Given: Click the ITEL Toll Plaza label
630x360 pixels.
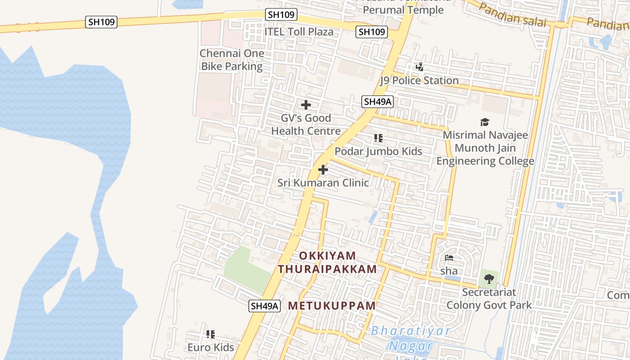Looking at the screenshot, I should tap(299, 31).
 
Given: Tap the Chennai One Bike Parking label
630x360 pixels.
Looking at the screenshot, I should tap(232, 60).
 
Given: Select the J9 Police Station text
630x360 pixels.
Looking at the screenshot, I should tap(419, 81).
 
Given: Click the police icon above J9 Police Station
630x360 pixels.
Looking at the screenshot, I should tap(419, 67).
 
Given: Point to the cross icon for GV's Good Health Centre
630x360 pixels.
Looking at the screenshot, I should tap(306, 105).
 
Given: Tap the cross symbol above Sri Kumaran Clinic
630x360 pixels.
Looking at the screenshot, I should tap(323, 170).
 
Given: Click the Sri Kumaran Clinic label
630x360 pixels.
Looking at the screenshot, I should tap(323, 183).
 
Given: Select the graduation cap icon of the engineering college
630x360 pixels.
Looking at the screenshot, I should tap(485, 122).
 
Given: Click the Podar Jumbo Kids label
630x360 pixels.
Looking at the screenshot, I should tap(378, 151).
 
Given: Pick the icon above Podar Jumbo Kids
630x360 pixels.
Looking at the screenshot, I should tap(378, 138).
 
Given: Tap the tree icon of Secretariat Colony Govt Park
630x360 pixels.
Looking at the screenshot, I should tap(489, 279).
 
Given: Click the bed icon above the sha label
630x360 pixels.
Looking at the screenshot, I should tap(449, 258).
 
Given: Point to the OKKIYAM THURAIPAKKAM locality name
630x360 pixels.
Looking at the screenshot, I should tap(327, 262).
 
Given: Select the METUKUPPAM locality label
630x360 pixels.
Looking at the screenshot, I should tap(332, 306).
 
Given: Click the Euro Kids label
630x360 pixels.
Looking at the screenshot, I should tap(211, 347).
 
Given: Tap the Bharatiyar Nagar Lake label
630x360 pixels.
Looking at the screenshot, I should tap(411, 340).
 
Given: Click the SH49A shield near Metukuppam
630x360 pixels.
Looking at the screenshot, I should tap(265, 306).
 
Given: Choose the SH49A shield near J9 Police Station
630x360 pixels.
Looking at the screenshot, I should tap(377, 102).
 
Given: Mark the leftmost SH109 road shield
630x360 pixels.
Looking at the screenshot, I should tap(101, 22).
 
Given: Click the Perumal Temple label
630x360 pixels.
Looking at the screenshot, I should tap(403, 10).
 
